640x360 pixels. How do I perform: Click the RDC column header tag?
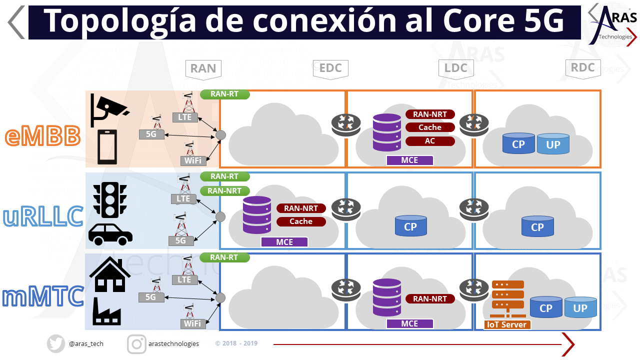coord(582,68)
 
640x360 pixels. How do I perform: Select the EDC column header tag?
coord(330,68)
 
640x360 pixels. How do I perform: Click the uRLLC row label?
coord(43,216)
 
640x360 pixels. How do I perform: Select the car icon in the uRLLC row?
coord(110,234)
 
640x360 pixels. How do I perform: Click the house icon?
coord(108,274)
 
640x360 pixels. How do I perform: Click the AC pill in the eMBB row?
coord(430,141)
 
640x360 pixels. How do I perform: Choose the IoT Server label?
coord(507,324)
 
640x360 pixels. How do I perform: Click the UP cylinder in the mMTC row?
coord(580,307)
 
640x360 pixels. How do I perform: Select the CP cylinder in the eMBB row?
coord(518,143)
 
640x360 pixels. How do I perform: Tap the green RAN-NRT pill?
coord(224,190)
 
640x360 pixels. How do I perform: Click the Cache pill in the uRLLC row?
coord(301,221)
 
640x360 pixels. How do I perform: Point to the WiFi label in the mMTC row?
coord(193,323)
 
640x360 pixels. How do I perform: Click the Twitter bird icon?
coord(56,343)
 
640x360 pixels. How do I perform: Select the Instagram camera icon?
coord(136,343)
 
